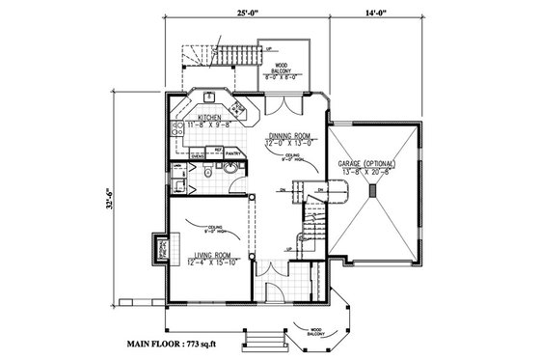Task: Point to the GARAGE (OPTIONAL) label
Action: click(371, 163)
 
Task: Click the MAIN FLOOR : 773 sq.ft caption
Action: click(184, 344)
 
